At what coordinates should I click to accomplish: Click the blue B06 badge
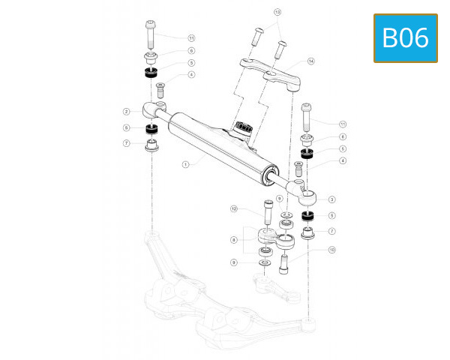tap(405, 37)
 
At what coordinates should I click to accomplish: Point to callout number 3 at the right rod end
tap(331, 199)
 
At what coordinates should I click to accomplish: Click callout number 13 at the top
tap(277, 13)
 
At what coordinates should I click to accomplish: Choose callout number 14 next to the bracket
tap(311, 61)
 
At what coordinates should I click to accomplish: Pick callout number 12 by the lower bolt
tap(234, 208)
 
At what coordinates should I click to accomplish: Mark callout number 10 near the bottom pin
tap(331, 249)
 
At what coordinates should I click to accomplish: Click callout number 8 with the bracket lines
tap(234, 240)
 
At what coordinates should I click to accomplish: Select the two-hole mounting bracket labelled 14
tap(270, 73)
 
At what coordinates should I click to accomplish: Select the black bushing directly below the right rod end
tap(307, 217)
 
